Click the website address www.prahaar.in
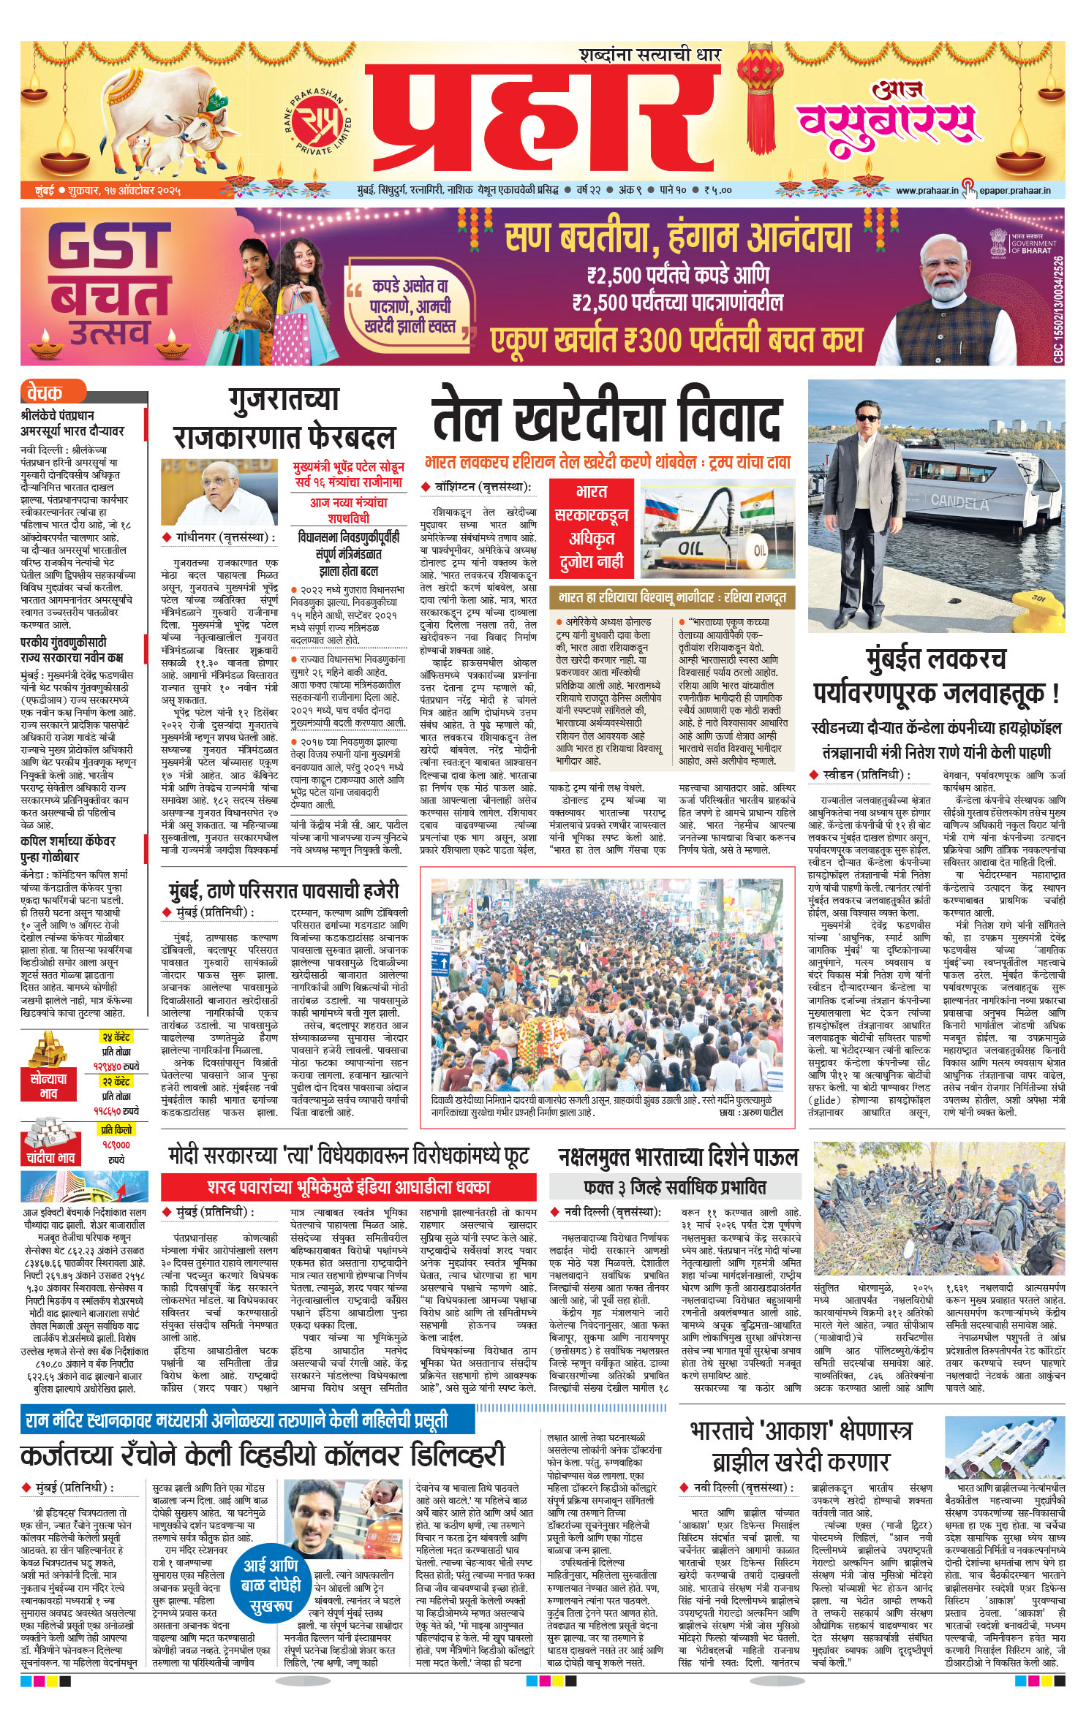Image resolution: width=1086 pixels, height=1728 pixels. pos(927,190)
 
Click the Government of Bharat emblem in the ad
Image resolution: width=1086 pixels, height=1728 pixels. pos(999,242)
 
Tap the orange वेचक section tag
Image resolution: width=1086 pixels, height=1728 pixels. pos(45,393)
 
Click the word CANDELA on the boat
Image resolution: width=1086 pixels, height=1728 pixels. pos(959,501)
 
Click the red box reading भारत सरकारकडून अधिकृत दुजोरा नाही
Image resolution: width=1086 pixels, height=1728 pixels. pos(591,527)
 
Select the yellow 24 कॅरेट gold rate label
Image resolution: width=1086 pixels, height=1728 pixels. pos(116,1037)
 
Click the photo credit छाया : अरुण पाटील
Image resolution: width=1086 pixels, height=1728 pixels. pos(751,1113)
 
